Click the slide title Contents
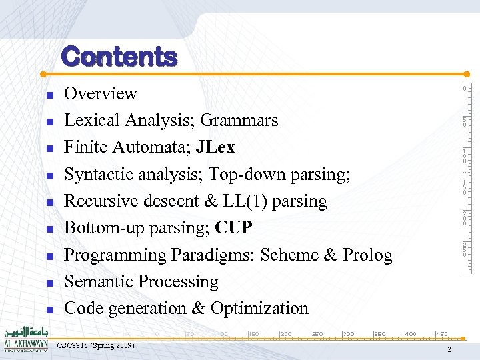click(x=119, y=57)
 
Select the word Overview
click(x=100, y=94)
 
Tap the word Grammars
click(x=239, y=121)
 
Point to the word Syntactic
click(x=99, y=175)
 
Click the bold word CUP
click(x=234, y=228)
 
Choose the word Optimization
click(x=259, y=309)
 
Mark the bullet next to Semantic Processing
click(x=49, y=283)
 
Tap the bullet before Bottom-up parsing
click(x=49, y=229)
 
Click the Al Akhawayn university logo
click(x=25, y=339)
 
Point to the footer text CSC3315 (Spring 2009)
click(x=96, y=345)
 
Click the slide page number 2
click(x=449, y=350)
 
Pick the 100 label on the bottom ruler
click(x=223, y=333)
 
